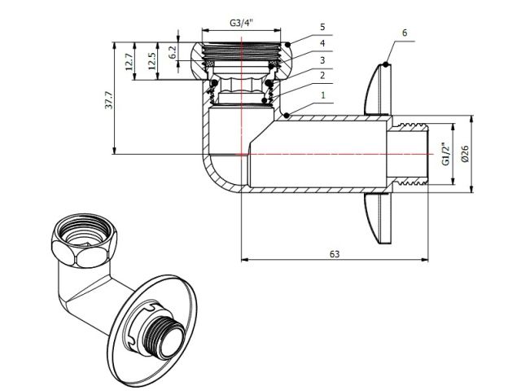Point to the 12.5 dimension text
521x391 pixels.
pos(151,61)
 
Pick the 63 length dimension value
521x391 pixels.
pos(334,253)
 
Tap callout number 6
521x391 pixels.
pos(405,33)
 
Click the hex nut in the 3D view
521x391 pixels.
pos(79,244)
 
